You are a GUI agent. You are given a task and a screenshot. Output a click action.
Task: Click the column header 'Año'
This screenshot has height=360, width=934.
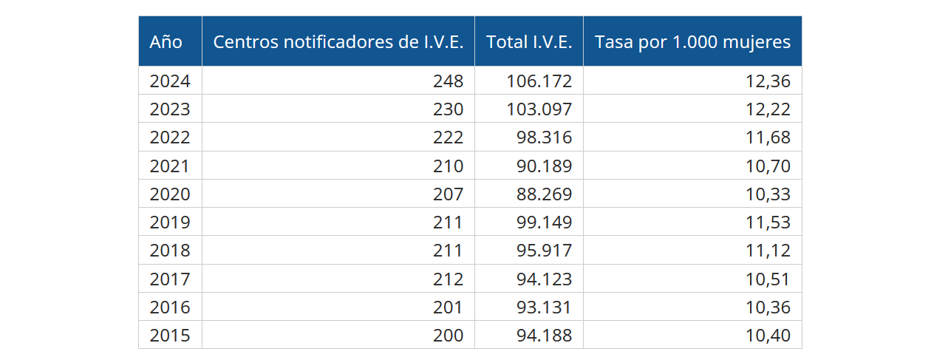(166, 42)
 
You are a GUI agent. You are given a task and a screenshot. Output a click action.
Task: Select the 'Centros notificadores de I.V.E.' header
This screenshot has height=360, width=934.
(338, 42)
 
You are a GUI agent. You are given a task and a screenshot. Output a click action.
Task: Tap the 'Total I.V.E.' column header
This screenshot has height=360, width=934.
(529, 42)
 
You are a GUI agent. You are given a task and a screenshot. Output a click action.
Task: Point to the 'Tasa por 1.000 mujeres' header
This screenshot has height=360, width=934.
(692, 42)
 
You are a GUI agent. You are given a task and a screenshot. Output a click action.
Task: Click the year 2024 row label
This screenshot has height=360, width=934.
(170, 81)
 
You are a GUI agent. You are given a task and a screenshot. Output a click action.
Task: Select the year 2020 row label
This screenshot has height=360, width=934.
(170, 194)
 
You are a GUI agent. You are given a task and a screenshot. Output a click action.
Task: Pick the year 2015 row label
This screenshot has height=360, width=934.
(170, 336)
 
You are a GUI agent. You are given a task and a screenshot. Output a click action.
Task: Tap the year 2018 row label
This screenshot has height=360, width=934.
(170, 251)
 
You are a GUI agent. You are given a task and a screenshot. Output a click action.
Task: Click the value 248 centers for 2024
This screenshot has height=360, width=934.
(449, 81)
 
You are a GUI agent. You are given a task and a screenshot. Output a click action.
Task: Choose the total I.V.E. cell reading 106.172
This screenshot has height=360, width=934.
(539, 81)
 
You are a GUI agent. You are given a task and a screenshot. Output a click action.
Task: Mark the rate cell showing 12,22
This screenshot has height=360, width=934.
(768, 109)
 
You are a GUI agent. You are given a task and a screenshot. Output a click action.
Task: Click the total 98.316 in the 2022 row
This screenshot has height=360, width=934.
(544, 137)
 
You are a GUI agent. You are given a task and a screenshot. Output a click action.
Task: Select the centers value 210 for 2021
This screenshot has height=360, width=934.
(449, 166)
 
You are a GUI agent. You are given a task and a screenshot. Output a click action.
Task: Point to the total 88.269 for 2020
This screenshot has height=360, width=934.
(544, 194)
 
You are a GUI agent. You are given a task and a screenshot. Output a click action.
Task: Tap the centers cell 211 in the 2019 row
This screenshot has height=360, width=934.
(449, 223)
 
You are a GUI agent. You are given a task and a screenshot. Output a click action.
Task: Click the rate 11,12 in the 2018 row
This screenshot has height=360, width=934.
(768, 251)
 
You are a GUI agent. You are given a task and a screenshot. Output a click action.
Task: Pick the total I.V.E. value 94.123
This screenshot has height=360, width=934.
(544, 279)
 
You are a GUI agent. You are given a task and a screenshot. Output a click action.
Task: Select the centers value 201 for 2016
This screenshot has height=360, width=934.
(449, 308)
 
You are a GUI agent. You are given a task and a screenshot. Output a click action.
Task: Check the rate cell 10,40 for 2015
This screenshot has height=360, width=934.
(768, 336)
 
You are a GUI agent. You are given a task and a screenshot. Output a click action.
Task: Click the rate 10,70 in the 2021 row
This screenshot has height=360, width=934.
(768, 166)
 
